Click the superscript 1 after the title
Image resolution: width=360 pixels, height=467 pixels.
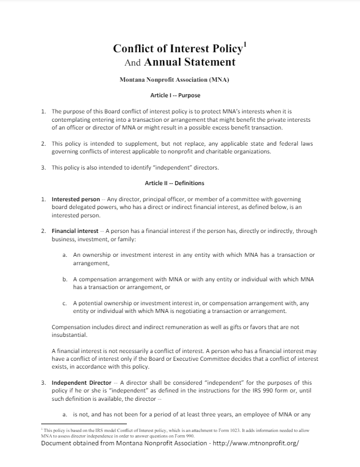coord(245,43)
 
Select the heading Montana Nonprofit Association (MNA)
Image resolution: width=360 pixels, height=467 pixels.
coord(175,80)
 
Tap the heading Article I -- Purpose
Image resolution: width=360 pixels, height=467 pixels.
coord(175,96)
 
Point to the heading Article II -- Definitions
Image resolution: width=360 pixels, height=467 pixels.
coord(175,183)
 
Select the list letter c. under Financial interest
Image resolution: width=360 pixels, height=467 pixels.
coord(65,303)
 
